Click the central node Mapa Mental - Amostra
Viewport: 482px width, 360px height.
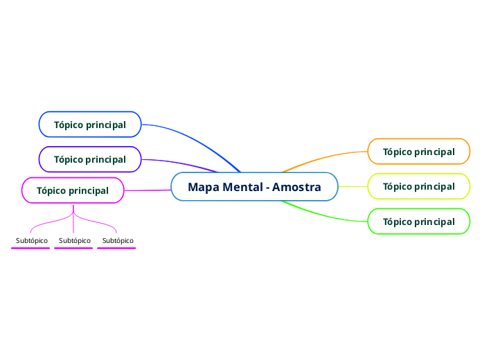pyautogui.click(x=254, y=187)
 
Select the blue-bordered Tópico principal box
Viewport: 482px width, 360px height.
pyautogui.click(x=90, y=125)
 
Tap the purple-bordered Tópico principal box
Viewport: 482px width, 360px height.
pyautogui.click(x=90, y=159)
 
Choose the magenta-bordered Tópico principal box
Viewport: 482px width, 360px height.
pyautogui.click(x=73, y=190)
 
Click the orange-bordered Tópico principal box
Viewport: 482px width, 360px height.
pyautogui.click(x=418, y=152)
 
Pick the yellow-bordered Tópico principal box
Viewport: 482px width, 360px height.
pyautogui.click(x=418, y=186)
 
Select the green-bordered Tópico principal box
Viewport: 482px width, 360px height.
pyautogui.click(x=418, y=222)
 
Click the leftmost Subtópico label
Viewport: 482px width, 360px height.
pyautogui.click(x=32, y=240)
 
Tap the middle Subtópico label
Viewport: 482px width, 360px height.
pyautogui.click(x=75, y=240)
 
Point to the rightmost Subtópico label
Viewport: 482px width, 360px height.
pyautogui.click(x=118, y=240)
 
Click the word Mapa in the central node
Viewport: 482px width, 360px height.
pyautogui.click(x=203, y=187)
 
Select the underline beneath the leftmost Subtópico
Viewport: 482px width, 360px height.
pyautogui.click(x=30, y=248)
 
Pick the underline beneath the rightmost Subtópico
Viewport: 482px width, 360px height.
pyautogui.click(x=116, y=248)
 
